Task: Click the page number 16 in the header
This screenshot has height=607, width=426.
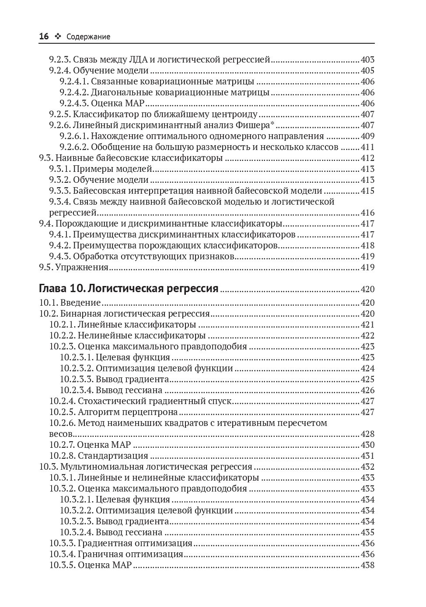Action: click(44, 37)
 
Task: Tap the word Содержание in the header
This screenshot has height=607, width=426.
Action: click(88, 37)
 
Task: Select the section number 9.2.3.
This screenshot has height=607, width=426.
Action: click(60, 60)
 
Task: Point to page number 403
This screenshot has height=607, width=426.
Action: click(367, 60)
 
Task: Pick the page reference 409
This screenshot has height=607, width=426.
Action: click(367, 136)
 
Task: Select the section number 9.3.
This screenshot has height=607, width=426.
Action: click(46, 158)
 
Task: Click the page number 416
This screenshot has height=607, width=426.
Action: click(367, 213)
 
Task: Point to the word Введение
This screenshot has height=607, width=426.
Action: click(80, 303)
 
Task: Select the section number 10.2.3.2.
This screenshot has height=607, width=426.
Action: click(77, 369)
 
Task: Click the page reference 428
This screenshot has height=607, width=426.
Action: click(367, 434)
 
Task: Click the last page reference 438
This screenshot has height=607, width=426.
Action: click(367, 565)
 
